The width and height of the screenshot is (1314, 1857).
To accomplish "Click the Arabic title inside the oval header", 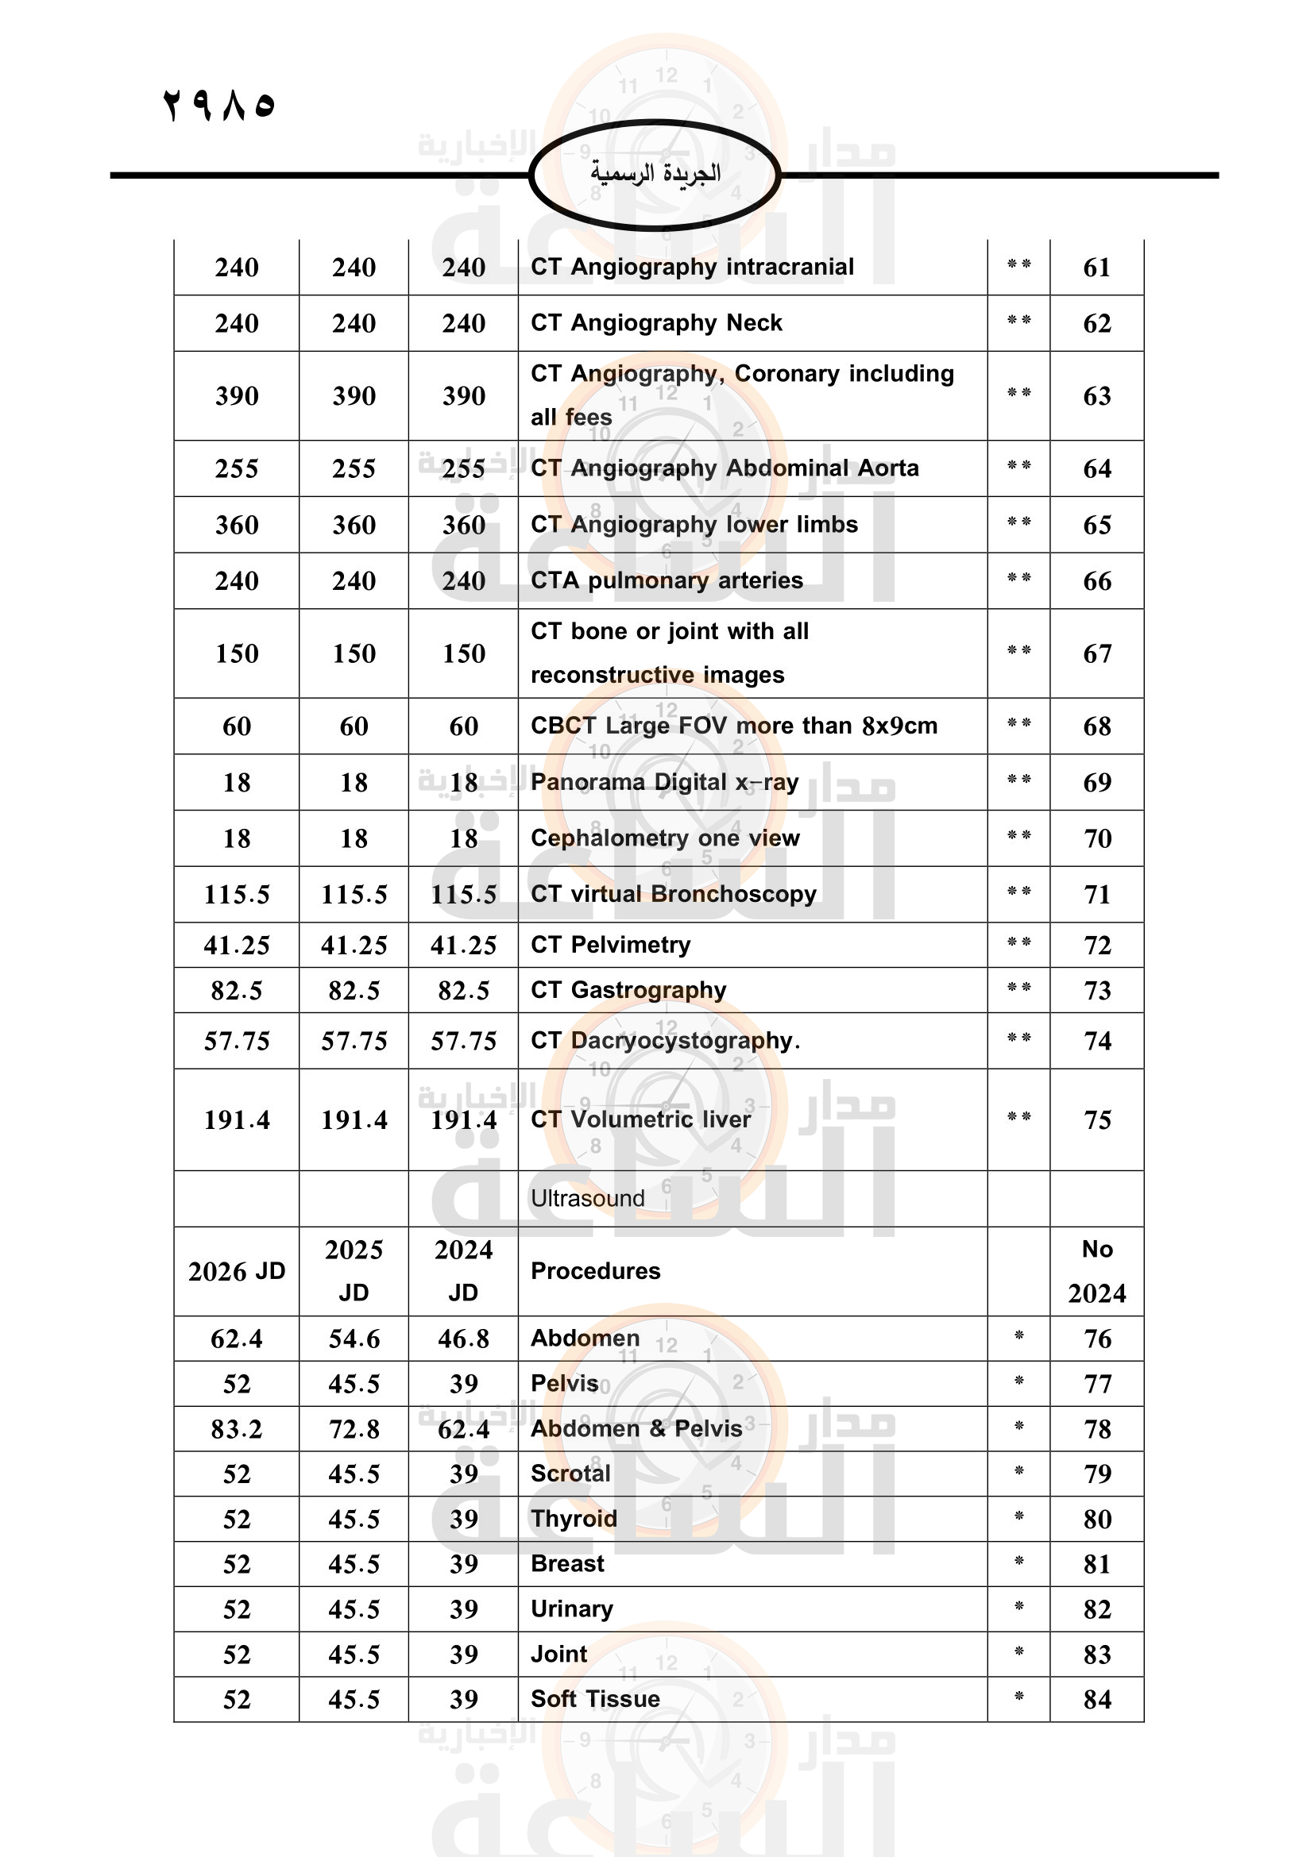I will click(655, 173).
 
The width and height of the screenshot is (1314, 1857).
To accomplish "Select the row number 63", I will click(1096, 396).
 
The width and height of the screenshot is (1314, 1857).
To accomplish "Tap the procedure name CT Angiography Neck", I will click(656, 322).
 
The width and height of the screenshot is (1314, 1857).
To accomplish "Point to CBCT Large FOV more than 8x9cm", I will click(734, 726).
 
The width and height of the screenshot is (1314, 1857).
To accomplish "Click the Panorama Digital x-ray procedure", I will click(664, 782).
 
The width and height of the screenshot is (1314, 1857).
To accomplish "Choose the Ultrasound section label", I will click(587, 1198).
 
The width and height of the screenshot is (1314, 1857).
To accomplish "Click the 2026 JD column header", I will click(236, 1271).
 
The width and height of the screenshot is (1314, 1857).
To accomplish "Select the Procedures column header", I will click(596, 1270).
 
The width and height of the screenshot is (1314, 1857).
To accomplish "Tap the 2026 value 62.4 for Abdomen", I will click(236, 1339).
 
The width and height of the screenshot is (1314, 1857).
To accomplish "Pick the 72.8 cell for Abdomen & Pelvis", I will click(354, 1429).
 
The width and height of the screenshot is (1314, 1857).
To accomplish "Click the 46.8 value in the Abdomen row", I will click(463, 1339).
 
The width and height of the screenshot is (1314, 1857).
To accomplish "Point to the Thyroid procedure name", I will click(574, 1518).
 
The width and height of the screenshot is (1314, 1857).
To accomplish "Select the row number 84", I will click(1096, 1699).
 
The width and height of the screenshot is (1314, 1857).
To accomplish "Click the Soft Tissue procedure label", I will click(595, 1698).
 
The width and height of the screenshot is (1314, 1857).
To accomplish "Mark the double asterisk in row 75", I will click(1018, 1118).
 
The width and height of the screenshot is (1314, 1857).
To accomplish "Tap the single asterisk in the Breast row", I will click(1018, 1562).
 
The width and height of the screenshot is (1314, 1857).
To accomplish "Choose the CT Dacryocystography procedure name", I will click(665, 1040).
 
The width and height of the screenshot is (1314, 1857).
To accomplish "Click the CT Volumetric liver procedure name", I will click(641, 1119).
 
